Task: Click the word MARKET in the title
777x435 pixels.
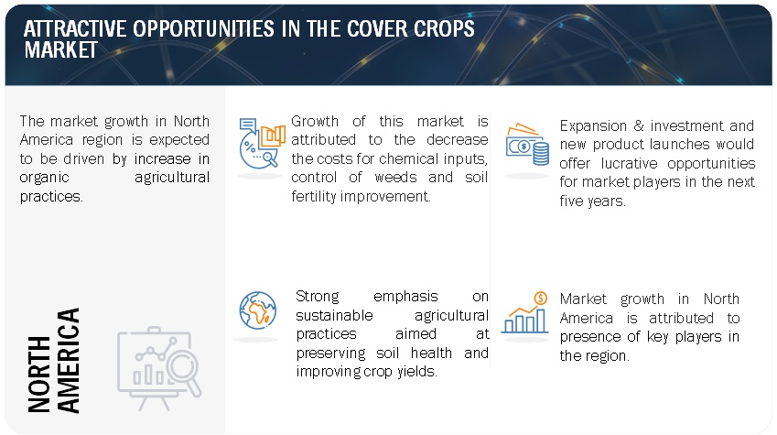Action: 61,50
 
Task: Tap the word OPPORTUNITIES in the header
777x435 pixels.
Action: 203,28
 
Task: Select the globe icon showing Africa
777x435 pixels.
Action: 258,310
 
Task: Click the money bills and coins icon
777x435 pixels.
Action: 527,145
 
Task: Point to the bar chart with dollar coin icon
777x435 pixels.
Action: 524,312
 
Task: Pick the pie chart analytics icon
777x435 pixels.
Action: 262,143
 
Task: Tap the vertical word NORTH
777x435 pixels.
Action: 39,375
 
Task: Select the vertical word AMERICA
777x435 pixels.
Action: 69,361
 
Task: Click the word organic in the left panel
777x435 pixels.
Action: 44,178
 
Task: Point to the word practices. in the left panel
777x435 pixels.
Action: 51,196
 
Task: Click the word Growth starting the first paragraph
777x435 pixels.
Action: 315,121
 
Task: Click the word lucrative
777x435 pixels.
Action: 629,163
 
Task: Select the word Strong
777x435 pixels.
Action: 318,297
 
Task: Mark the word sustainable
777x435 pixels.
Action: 334,315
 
